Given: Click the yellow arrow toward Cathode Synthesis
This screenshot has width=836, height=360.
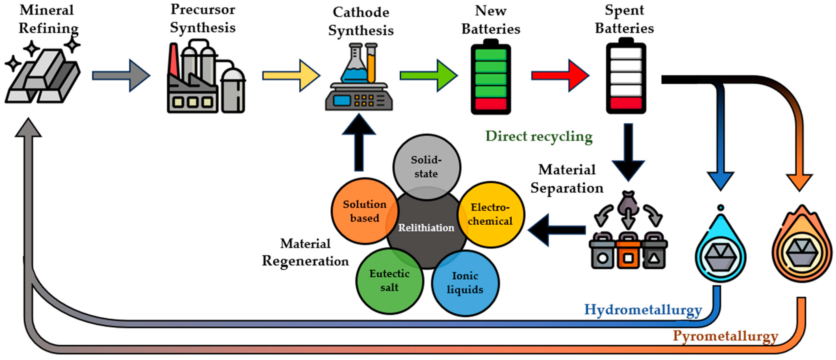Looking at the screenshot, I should [x=290, y=76].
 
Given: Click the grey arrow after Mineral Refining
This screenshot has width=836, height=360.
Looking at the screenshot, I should [x=121, y=76].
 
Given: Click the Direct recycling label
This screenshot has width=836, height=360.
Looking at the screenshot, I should [x=539, y=136].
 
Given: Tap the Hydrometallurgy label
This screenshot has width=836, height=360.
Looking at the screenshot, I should [x=643, y=310].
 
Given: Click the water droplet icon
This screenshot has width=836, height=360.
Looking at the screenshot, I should [x=720, y=250].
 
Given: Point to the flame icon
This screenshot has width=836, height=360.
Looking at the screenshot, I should [x=802, y=247].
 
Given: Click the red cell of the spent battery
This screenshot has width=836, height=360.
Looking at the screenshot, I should [x=626, y=103].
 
